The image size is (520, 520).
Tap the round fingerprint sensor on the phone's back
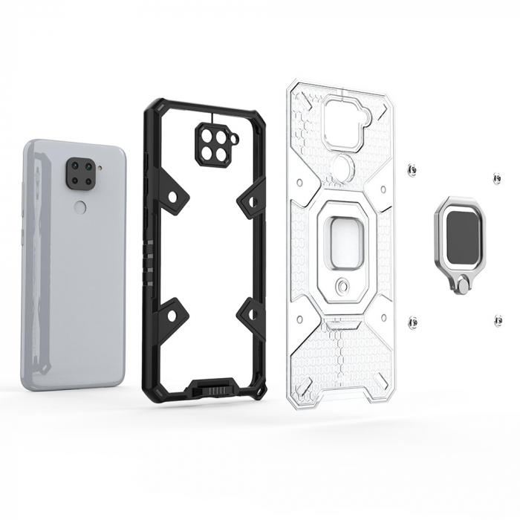click(x=80, y=207)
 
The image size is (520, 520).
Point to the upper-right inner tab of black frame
click(x=251, y=200)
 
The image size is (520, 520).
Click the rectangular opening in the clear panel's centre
click(x=341, y=238)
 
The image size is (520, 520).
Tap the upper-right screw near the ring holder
click(x=495, y=178)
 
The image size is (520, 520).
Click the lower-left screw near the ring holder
click(x=413, y=321)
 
